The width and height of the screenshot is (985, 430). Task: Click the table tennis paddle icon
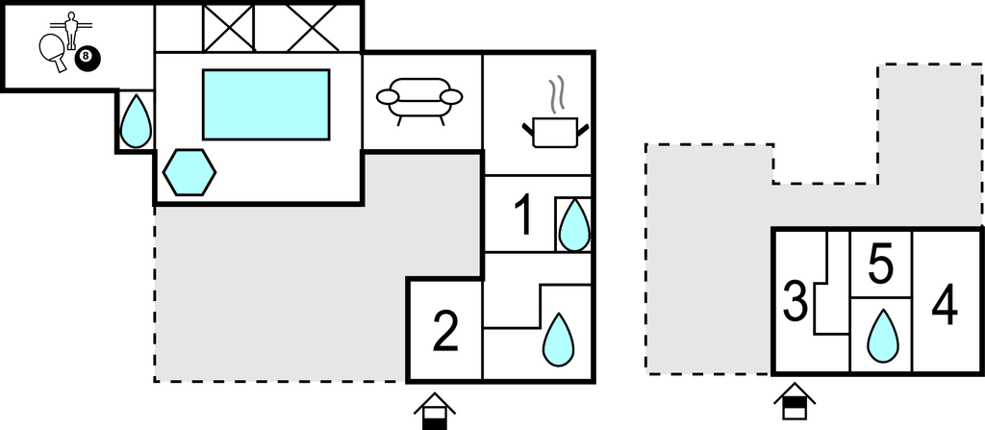52,52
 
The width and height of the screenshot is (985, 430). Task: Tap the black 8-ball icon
88,58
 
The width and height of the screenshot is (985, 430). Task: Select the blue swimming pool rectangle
265,104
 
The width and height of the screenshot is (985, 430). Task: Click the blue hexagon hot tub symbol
189,172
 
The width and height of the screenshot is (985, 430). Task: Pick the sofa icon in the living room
419,99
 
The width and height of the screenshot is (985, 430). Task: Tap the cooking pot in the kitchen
553,131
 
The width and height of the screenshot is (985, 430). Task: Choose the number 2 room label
444,333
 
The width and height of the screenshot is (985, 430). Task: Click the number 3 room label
795,301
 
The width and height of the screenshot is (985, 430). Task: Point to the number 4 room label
945,307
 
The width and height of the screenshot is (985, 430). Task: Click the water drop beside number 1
574,224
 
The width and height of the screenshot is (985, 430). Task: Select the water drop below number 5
880,335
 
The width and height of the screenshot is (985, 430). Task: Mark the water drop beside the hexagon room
136,119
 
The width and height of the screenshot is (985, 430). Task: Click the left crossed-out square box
228,27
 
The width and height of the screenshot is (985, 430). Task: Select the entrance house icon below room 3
796,402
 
